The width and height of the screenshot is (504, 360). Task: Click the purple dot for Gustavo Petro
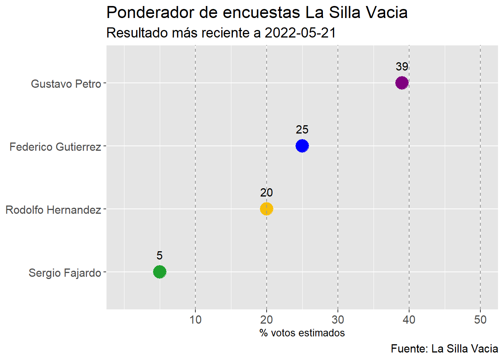pos(402,82)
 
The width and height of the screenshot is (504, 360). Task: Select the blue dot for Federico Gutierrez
pos(302,145)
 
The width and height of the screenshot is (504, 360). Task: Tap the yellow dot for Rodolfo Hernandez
pos(266,208)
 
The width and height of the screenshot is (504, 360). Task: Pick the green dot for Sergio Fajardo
pos(160,271)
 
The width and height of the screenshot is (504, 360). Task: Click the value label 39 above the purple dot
pos(402,67)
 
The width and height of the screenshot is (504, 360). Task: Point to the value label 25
pos(302,130)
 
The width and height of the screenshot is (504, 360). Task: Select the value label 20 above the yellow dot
pos(266,193)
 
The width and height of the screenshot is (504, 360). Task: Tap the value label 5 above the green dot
pos(160,256)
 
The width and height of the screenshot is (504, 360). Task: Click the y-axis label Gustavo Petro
pos(66,84)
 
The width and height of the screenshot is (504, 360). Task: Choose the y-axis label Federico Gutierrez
pos(55,147)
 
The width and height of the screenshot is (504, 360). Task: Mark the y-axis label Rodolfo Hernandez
pos(53,210)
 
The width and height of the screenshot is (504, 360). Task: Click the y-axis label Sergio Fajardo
pos(65,273)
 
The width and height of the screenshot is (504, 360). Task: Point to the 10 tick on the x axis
pos(195,320)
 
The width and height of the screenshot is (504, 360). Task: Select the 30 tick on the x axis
pos(338,320)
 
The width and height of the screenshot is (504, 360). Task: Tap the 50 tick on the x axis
pos(480,320)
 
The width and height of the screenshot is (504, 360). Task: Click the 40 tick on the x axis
pos(409,320)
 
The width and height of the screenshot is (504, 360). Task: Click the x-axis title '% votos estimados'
pos(302,333)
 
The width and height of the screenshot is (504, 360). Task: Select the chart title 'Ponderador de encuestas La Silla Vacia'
pos(257,13)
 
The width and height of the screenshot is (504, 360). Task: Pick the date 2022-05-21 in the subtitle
pos(300,33)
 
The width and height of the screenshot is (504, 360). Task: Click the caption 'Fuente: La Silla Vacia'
pos(444,349)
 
